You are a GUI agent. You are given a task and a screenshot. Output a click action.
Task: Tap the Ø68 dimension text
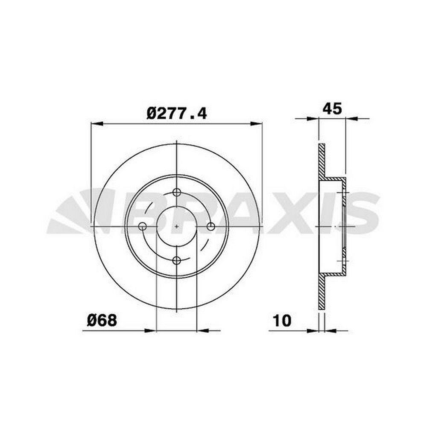pyautogui.click(x=102, y=320)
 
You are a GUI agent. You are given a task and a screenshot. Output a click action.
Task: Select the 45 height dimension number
pyautogui.click(x=332, y=109)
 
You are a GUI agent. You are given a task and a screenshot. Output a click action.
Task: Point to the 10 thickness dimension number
pyautogui.click(x=282, y=321)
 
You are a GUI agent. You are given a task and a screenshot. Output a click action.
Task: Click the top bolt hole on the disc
pyautogui.click(x=177, y=192)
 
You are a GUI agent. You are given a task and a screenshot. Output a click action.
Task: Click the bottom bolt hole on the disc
pyautogui.click(x=177, y=260)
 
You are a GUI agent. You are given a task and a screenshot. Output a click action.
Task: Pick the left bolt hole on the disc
pyautogui.click(x=143, y=226)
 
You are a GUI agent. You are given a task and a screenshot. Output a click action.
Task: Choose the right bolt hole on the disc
pyautogui.click(x=211, y=226)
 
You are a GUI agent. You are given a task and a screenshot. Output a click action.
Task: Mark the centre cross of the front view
pyautogui.click(x=177, y=226)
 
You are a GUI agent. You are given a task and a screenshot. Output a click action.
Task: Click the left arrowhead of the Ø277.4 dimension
pyautogui.click(x=97, y=124)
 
